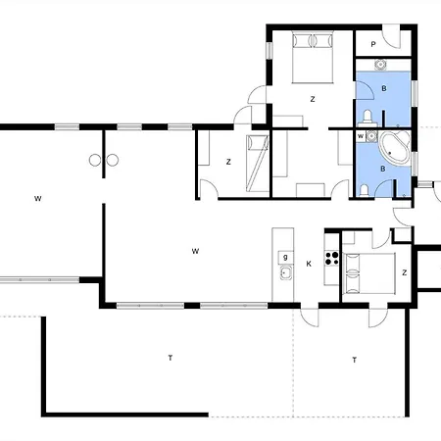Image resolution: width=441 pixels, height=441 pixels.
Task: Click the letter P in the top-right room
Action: pos(373,44)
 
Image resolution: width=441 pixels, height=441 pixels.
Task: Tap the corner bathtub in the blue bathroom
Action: pos(394,148)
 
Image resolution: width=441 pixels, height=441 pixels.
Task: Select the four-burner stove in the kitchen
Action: pos(331,258)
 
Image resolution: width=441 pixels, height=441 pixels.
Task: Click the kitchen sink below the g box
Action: pos(285,272)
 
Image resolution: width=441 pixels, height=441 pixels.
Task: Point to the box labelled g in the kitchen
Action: pos(285,258)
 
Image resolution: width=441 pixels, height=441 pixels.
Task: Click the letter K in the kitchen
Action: pos(309,264)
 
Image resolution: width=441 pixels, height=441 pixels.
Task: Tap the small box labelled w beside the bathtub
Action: pos(361,136)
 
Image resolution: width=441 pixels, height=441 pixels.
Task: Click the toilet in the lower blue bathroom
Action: pos(364,191)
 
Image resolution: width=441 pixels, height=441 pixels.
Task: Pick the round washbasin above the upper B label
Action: pos(380,65)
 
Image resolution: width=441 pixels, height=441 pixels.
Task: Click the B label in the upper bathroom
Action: pos(384,88)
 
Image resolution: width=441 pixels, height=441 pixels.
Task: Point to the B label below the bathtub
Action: pos(383,169)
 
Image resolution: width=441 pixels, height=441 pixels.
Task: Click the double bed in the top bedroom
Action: pos(313,57)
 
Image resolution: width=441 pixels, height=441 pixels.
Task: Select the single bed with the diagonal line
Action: pos(257,163)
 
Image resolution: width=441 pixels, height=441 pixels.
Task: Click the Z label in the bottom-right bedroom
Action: pos(405,272)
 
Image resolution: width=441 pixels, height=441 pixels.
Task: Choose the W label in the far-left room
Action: pos(38,199)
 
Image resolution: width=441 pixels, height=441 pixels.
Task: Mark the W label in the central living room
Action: pos(195,251)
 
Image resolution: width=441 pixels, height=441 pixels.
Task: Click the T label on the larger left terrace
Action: pos(171,358)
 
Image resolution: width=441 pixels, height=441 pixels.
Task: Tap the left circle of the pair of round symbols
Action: pos(95,160)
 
